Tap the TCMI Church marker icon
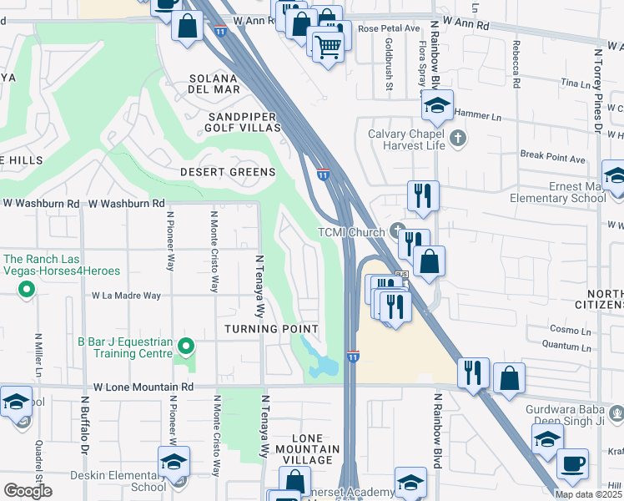397,231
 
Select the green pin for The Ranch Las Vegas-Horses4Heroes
27,291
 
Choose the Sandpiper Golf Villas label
244,122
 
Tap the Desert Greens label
228,172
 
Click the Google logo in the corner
28,491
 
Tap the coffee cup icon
572,464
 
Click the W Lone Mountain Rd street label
143,387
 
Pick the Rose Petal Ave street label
389,28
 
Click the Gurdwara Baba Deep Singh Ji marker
616,412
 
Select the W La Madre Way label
126,296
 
